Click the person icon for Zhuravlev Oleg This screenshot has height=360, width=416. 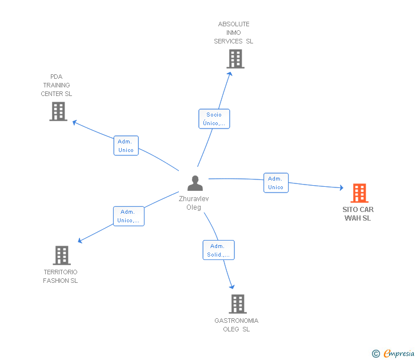point(195,183)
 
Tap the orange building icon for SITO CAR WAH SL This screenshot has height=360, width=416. point(359,193)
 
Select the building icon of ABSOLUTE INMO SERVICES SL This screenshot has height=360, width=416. point(235,58)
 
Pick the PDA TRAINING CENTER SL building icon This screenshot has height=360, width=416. point(58,111)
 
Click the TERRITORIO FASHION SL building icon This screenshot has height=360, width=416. point(62,255)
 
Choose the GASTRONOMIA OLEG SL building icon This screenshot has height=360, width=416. point(237,304)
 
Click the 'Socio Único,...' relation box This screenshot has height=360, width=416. point(214,119)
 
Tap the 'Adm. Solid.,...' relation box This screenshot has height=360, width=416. point(218,250)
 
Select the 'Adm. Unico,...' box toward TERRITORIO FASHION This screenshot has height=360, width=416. point(128,216)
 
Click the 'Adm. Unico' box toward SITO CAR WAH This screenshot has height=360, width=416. point(275,183)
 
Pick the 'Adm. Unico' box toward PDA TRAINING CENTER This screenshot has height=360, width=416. point(126,146)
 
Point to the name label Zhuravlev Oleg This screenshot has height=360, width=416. point(194,203)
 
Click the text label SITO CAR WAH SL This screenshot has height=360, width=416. point(358,214)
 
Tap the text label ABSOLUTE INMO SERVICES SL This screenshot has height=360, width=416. point(234,33)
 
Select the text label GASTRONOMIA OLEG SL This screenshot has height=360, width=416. point(237,325)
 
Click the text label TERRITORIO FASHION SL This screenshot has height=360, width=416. point(61,276)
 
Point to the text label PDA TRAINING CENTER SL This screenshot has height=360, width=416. point(57,85)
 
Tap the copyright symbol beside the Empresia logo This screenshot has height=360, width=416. point(376,354)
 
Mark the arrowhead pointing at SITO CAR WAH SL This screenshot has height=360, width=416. point(341,187)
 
